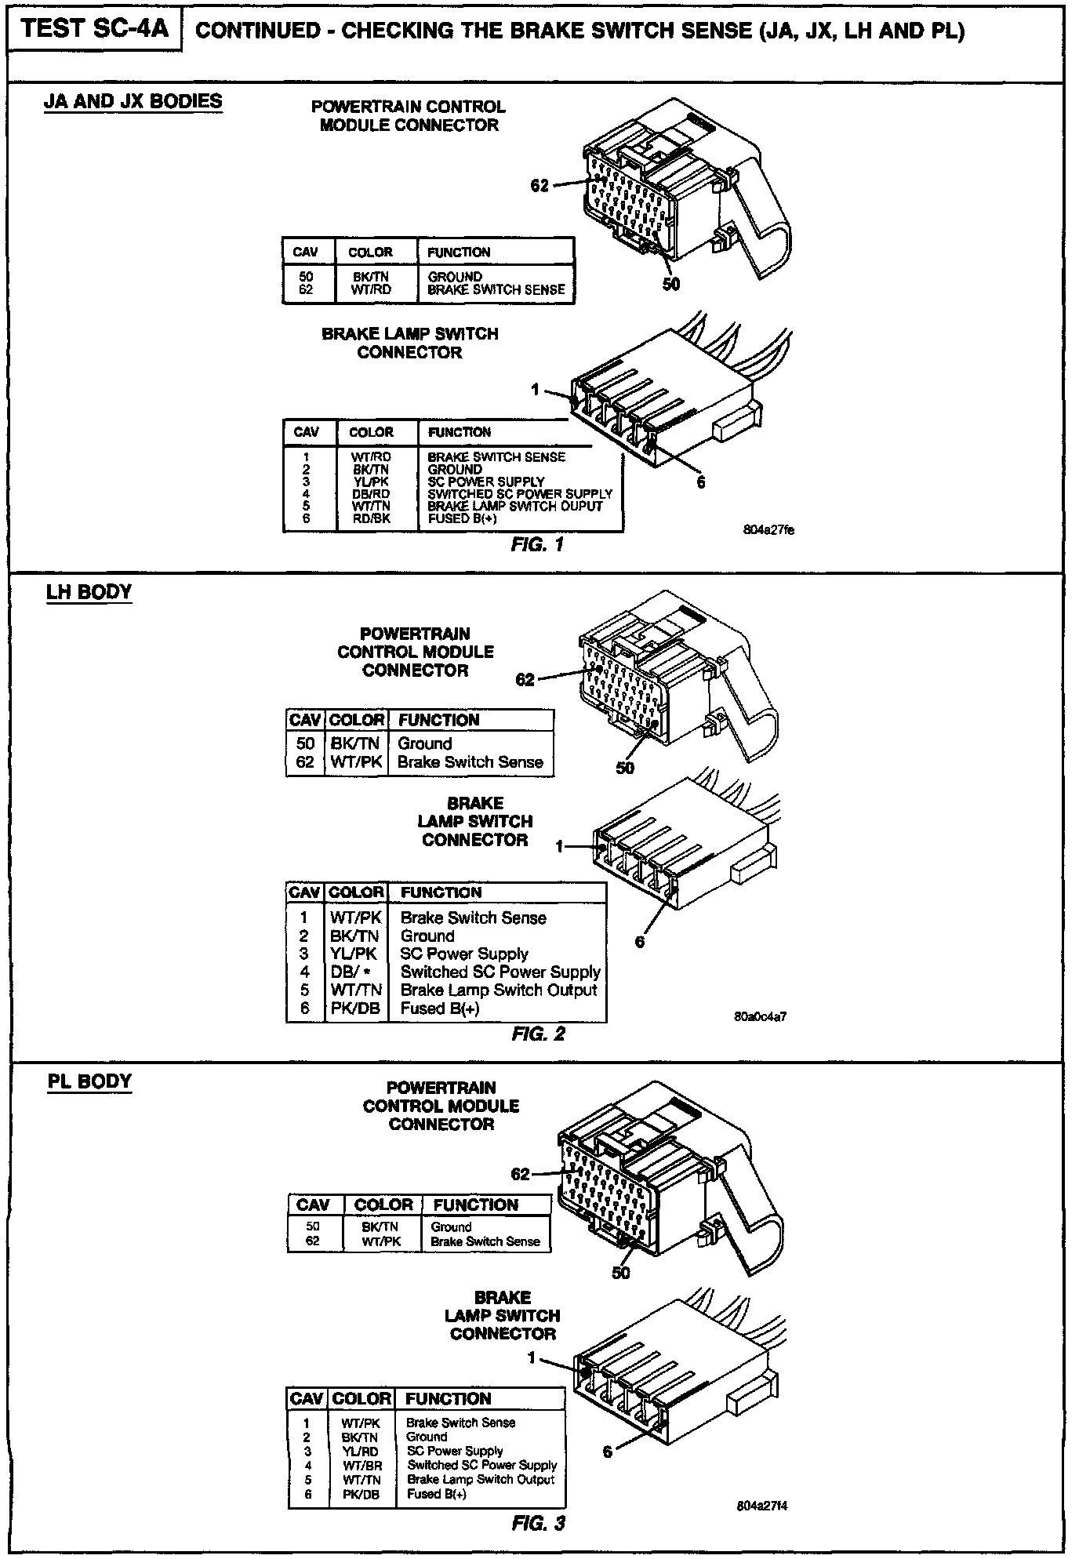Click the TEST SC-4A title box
coord(95,29)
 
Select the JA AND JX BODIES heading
coord(133,101)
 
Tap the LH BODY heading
coord(89,591)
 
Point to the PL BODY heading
coord(89,1081)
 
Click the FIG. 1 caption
coord(537,544)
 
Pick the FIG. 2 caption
coord(538,1034)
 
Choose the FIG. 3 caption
coord(538,1524)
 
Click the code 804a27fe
coord(769,530)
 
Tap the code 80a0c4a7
coord(761,1017)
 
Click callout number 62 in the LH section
coord(525,680)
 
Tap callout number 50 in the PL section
coord(620,1273)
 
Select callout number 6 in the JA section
coord(701,482)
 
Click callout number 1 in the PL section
coord(532,1357)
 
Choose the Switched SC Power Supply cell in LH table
coord(500,972)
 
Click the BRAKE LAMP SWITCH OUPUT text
coord(515,506)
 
